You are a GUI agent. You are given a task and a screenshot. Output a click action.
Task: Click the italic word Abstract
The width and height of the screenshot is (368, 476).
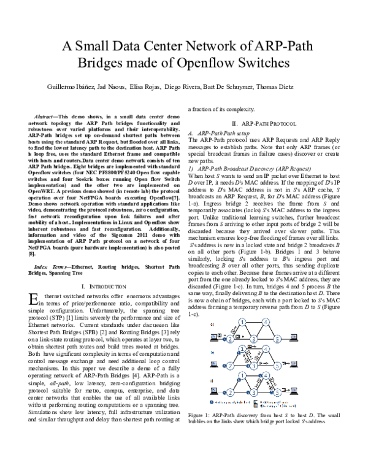point(64,115)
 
